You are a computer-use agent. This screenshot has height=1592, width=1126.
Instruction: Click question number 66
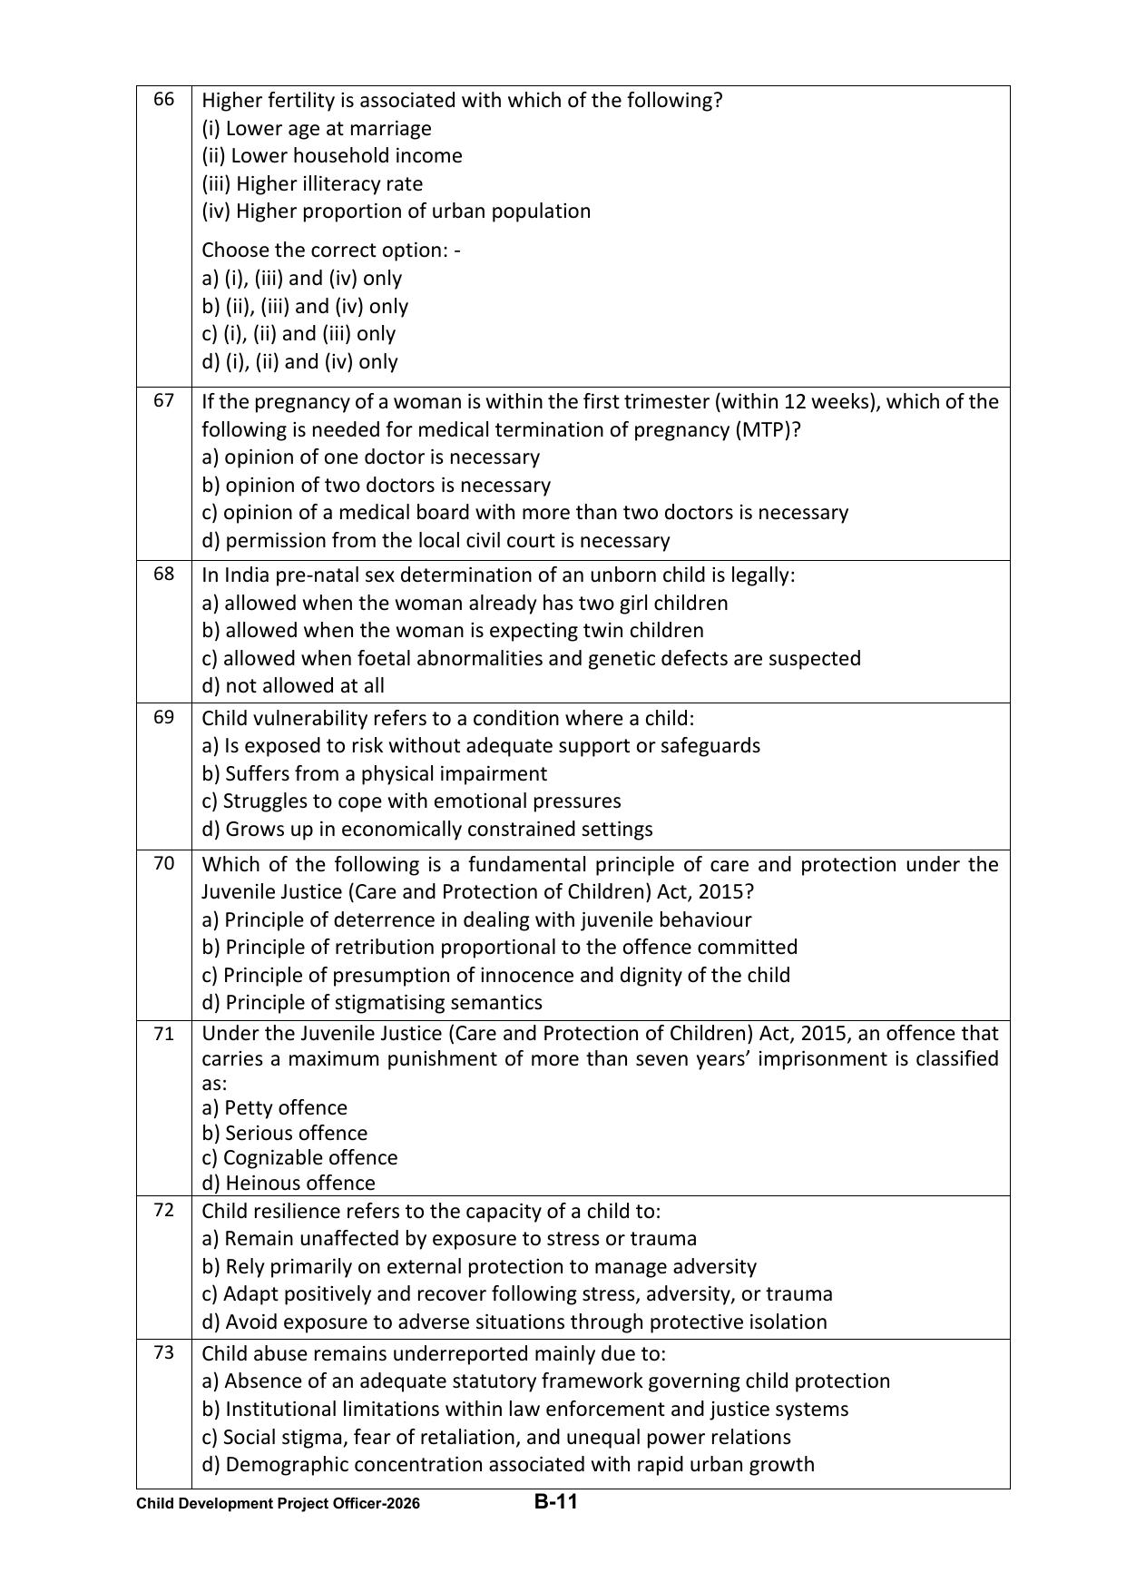(x=163, y=99)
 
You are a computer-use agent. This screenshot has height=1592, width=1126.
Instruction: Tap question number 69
(x=163, y=717)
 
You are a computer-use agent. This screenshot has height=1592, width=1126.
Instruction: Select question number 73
(x=163, y=1352)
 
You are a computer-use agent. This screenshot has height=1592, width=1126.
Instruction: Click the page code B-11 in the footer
(x=555, y=1501)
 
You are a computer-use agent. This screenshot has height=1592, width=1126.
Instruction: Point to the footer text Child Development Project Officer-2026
(x=278, y=1503)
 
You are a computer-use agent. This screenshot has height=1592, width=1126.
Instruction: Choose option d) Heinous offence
(x=289, y=1183)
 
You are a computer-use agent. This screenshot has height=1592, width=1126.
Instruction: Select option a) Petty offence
(x=274, y=1107)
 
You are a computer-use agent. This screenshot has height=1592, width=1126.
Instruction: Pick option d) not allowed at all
(x=293, y=685)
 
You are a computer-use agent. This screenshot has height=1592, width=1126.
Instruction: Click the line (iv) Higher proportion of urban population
(x=396, y=211)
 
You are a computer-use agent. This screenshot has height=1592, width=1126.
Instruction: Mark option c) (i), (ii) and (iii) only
(x=299, y=333)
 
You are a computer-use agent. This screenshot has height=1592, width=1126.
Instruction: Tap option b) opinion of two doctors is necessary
(x=376, y=485)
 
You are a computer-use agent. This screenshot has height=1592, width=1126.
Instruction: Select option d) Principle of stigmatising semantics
(x=372, y=1002)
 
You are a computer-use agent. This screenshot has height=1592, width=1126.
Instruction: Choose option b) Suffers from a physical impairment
(x=375, y=773)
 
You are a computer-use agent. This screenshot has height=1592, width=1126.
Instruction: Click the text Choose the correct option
(x=330, y=250)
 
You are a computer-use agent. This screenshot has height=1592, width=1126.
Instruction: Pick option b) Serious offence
(x=285, y=1133)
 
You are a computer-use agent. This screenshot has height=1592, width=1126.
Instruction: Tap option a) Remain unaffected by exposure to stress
(x=449, y=1238)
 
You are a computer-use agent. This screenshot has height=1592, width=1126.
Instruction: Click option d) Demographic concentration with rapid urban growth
(x=508, y=1464)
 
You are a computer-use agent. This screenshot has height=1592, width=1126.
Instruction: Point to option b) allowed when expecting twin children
(x=453, y=630)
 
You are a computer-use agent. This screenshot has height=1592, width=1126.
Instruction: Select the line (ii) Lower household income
(x=332, y=155)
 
